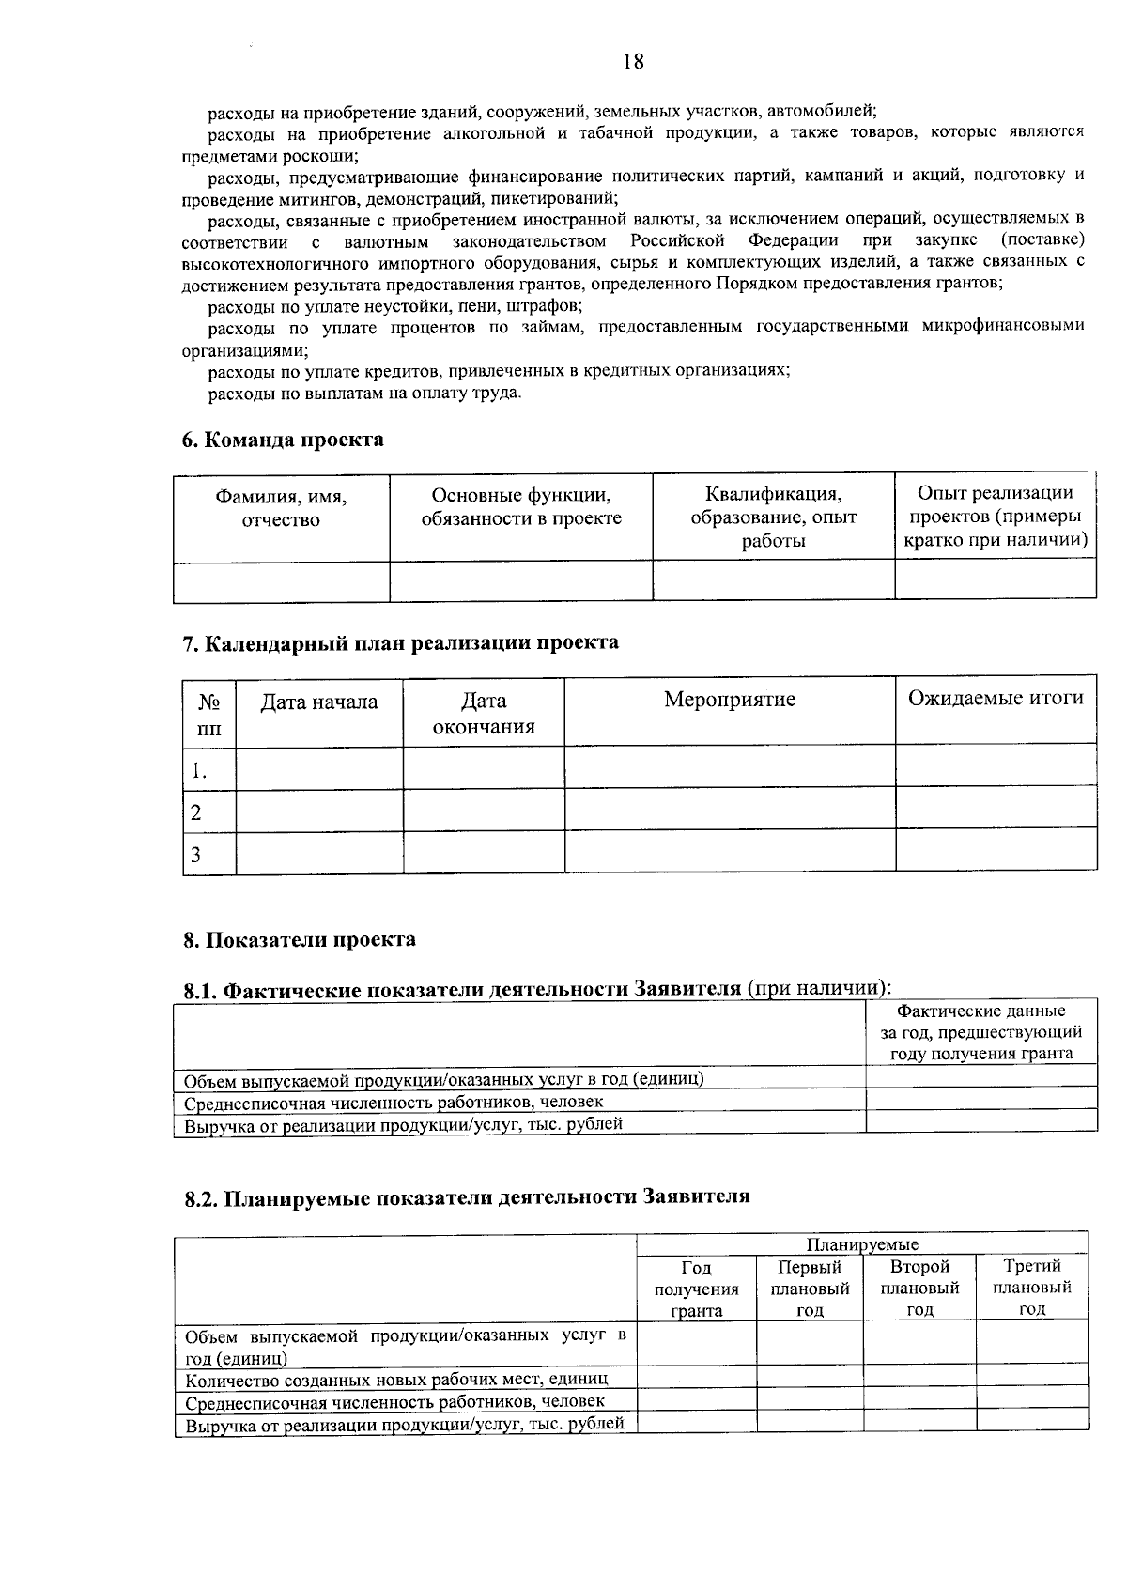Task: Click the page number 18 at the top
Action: (x=633, y=62)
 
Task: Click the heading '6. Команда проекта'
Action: (x=283, y=440)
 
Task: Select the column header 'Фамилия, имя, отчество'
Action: (x=281, y=508)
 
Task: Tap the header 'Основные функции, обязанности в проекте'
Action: (x=520, y=506)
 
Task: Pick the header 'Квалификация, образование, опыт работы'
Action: (x=773, y=517)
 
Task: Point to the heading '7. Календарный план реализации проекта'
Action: (x=400, y=642)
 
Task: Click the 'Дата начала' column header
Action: (x=318, y=702)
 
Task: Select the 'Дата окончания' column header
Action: (x=484, y=713)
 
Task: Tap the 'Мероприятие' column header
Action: (x=729, y=700)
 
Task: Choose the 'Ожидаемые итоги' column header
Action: (x=995, y=698)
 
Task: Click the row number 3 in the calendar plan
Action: (x=196, y=855)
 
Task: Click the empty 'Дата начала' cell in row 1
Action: (x=318, y=769)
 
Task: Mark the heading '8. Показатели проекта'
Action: (x=300, y=939)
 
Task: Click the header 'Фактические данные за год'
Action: (x=980, y=1032)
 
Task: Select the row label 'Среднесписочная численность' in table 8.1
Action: (x=394, y=1102)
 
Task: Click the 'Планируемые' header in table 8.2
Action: (x=862, y=1244)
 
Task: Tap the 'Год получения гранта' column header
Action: (x=696, y=1289)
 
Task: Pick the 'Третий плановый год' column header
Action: (x=1031, y=1288)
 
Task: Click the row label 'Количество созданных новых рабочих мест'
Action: (x=396, y=1379)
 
